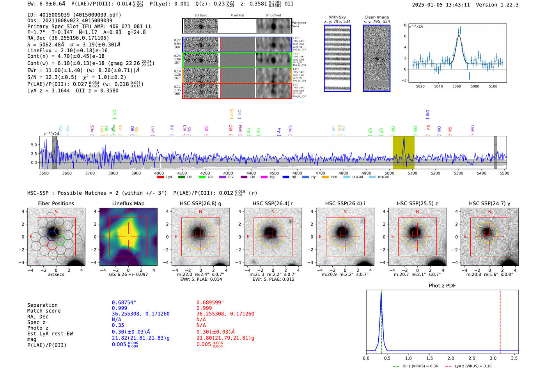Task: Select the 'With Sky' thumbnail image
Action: (337, 58)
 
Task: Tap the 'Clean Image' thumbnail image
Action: (377, 58)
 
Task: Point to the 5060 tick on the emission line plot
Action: (457, 86)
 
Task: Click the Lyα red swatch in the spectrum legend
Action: (160, 177)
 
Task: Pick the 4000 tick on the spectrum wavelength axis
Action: (159, 173)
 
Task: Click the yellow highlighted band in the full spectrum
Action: (404, 152)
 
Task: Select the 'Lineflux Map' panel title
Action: (128, 203)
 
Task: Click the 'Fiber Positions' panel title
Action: (56, 203)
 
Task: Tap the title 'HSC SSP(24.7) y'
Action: (489, 203)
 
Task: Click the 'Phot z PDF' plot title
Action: (442, 286)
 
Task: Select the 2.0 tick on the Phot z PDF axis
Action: (451, 358)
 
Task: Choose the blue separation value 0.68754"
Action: (124, 303)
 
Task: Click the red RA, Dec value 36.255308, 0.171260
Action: (225, 314)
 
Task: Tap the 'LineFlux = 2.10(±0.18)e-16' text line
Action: (67, 51)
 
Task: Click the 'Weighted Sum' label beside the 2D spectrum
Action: (299, 25)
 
